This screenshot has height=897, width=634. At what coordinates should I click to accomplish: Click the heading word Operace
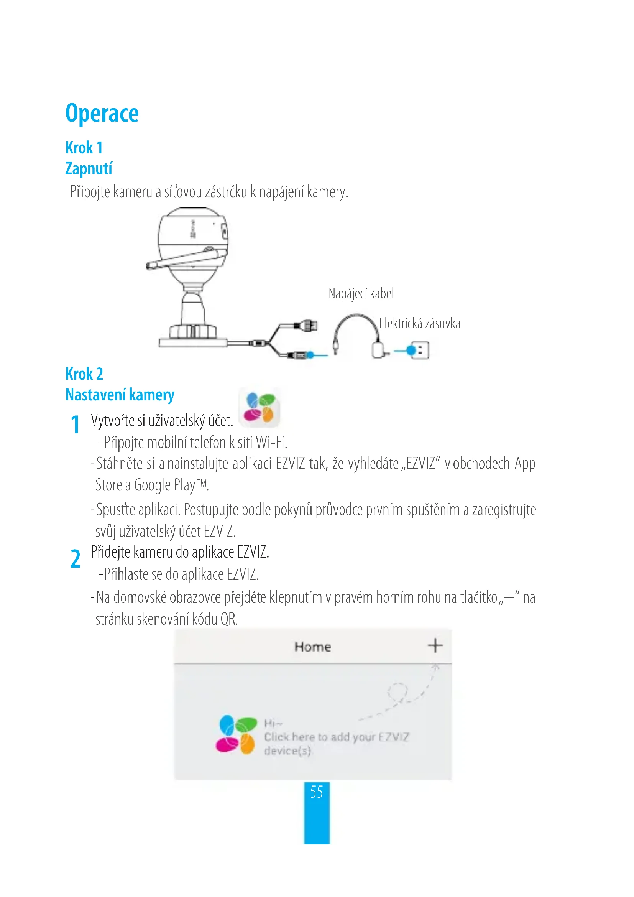click(102, 113)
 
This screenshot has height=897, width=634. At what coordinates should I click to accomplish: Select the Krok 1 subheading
click(84, 148)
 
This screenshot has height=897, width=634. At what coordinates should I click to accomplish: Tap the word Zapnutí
click(89, 168)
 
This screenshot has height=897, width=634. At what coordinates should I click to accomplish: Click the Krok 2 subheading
click(84, 374)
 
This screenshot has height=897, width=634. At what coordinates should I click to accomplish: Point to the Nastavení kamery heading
click(120, 395)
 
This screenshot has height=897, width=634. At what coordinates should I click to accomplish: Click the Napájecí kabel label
click(361, 293)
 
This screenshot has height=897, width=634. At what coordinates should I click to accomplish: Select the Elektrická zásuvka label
click(419, 324)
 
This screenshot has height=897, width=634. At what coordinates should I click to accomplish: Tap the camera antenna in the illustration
click(184, 257)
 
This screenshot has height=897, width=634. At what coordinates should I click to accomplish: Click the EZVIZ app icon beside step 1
click(259, 407)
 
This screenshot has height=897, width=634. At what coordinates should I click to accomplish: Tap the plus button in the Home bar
click(435, 646)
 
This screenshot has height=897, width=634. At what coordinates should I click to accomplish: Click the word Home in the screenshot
click(312, 647)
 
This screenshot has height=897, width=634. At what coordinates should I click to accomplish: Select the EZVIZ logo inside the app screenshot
click(236, 734)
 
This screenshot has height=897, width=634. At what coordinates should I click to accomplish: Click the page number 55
click(316, 792)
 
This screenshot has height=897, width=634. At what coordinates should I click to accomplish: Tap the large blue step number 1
click(75, 425)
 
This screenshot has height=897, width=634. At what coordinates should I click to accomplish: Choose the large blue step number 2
click(75, 559)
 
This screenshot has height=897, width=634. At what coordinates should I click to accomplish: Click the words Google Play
click(164, 485)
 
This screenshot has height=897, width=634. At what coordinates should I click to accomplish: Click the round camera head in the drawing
click(193, 242)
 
